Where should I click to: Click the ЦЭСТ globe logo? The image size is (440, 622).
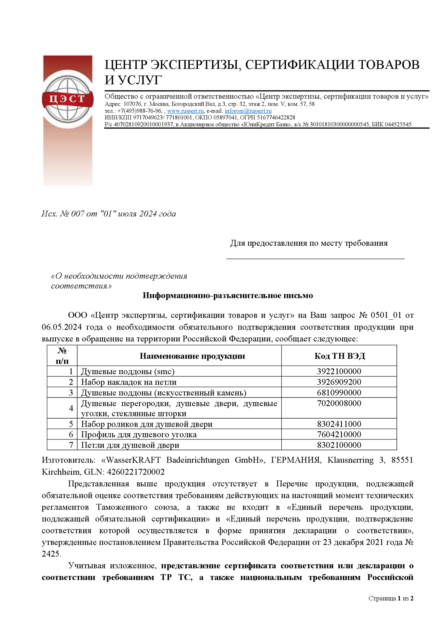click(68, 99)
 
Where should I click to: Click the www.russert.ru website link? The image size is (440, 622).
click(185, 111)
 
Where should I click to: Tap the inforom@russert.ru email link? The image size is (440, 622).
click(248, 111)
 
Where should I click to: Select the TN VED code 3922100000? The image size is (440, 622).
click(339, 371)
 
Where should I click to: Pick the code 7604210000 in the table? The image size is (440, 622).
click(339, 434)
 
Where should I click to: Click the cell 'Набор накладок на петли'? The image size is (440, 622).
click(129, 382)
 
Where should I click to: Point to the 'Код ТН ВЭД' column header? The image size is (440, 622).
click(339, 356)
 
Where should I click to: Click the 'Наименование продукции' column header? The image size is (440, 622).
click(192, 356)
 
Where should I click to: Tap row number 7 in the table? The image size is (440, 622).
click(71, 445)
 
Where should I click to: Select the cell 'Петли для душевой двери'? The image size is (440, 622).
click(130, 445)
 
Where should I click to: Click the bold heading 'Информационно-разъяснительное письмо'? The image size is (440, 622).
click(227, 295)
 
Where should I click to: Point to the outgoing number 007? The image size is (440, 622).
click(78, 214)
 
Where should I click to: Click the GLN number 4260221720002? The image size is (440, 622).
click(136, 472)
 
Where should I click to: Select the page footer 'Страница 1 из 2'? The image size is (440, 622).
click(391, 598)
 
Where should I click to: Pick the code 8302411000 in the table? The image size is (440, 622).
click(339, 424)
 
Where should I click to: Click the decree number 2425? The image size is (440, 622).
click(51, 554)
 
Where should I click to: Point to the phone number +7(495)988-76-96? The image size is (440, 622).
click(140, 111)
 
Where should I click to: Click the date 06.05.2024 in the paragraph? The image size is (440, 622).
click(62, 327)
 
